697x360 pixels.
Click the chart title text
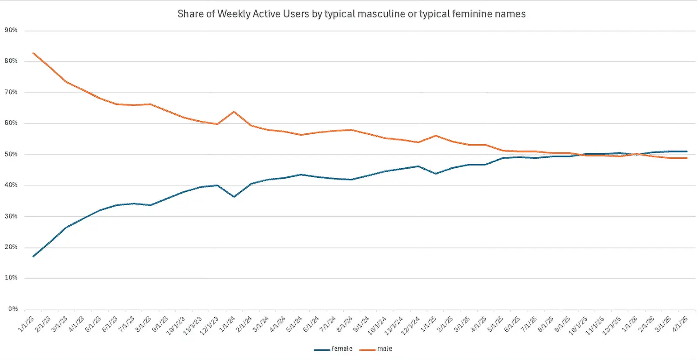(351, 14)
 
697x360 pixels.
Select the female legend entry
(333, 349)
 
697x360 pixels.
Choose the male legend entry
(376, 349)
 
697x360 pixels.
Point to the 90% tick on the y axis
(11, 30)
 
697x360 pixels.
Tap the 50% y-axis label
(11, 154)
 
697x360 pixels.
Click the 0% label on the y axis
(13, 309)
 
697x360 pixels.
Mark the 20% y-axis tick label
(11, 247)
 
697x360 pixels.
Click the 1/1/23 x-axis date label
(26, 324)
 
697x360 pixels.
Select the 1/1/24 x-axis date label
(227, 324)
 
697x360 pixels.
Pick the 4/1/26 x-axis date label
(680, 324)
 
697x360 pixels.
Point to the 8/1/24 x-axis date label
(345, 324)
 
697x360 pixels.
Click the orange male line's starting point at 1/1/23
(33, 53)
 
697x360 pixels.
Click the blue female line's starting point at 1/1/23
(33, 256)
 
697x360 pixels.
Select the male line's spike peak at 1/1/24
(234, 112)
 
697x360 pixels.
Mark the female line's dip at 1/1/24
(234, 197)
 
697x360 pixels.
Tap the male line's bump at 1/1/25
(436, 136)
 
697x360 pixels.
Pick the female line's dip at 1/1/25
(436, 173)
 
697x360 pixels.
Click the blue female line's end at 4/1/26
(687, 151)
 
